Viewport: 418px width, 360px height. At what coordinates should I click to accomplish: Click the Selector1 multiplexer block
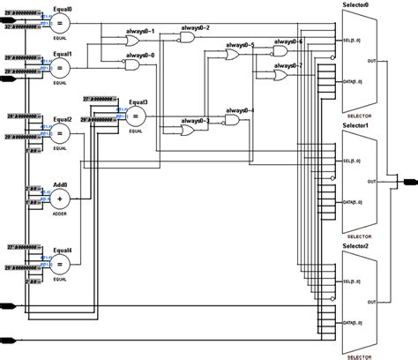360,183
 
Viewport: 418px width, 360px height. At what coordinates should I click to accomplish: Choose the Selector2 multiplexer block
360,299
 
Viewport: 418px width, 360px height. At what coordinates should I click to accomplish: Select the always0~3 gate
189,130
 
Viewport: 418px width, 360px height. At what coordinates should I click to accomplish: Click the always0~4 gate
234,119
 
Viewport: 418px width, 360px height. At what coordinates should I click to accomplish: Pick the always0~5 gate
235,55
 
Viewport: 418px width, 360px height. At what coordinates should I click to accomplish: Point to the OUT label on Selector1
372,182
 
